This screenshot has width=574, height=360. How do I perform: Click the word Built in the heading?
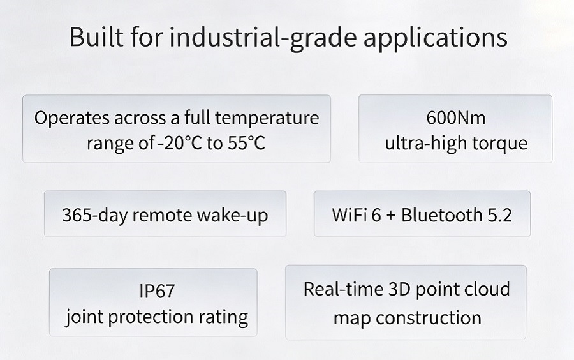96,36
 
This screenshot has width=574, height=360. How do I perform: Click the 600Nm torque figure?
456,118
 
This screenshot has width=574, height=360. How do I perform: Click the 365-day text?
94,215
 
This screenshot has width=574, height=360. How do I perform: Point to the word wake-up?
232,216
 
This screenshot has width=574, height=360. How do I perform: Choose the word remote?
162,216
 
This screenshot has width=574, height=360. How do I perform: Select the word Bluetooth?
441,214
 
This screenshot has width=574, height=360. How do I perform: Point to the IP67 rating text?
157,291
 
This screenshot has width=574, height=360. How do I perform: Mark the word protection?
151,317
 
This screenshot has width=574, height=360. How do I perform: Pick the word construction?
428,317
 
